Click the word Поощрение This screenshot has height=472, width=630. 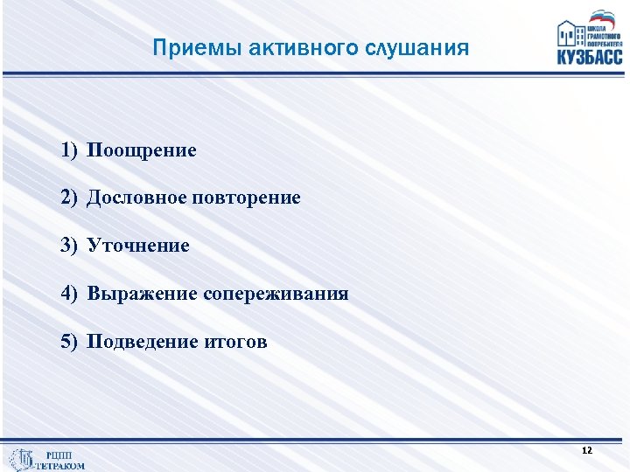(141, 150)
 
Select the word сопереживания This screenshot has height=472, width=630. (276, 294)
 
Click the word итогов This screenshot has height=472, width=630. (236, 342)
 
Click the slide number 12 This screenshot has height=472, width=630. (586, 450)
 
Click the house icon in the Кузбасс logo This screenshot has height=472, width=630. (570, 34)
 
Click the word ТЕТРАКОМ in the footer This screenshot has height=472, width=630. (61, 466)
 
